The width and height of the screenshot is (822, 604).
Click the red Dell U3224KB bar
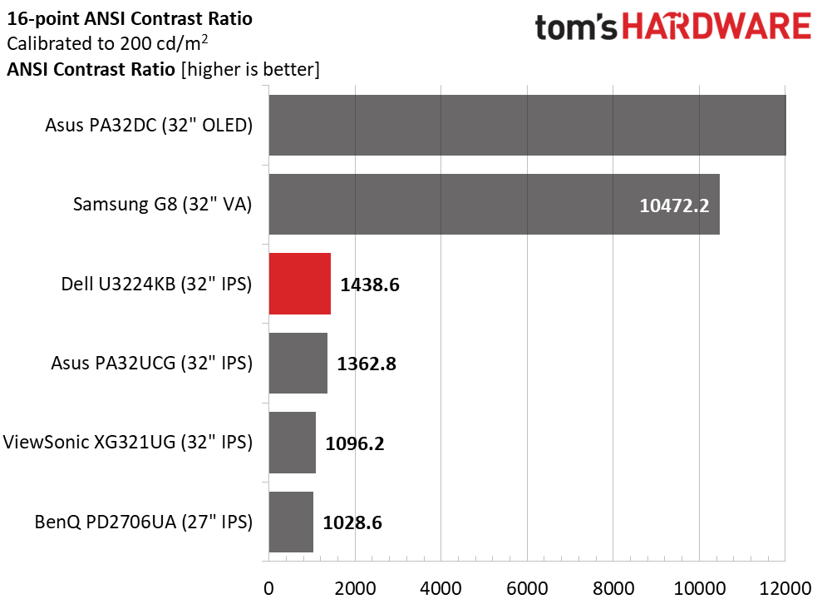click(300, 284)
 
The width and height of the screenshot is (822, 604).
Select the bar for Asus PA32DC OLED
click(528, 125)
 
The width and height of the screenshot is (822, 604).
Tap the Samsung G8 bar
click(495, 204)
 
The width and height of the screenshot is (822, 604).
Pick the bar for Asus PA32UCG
click(298, 363)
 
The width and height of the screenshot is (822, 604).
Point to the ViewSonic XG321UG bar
click(293, 443)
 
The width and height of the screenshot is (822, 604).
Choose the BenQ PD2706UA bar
click(291, 522)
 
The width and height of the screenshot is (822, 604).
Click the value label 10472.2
click(674, 205)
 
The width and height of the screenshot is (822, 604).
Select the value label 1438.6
click(370, 285)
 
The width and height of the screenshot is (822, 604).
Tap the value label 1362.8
click(367, 364)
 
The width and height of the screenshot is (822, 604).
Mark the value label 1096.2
click(355, 443)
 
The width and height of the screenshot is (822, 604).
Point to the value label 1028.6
click(352, 522)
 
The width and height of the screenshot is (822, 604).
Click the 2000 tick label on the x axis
click(355, 588)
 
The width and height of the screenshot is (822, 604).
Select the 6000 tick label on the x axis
click(527, 588)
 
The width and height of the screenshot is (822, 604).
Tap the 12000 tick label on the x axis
click(785, 588)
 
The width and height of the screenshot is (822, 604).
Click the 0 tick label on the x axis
click(269, 588)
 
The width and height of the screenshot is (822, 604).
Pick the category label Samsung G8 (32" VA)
click(163, 204)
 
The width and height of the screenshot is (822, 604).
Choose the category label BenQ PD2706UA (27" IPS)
click(144, 522)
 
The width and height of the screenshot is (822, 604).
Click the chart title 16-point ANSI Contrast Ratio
click(130, 19)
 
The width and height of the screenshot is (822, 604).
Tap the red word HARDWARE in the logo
click(716, 27)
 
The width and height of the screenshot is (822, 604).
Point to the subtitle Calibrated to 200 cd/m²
click(107, 43)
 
